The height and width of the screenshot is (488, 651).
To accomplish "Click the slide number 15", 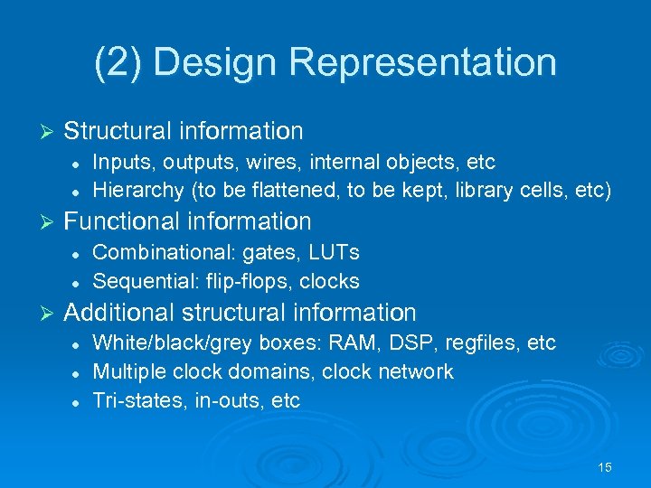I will point(605,467).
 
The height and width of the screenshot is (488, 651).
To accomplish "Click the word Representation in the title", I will point(423,62).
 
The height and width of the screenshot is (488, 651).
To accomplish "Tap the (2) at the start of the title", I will point(118,62).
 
